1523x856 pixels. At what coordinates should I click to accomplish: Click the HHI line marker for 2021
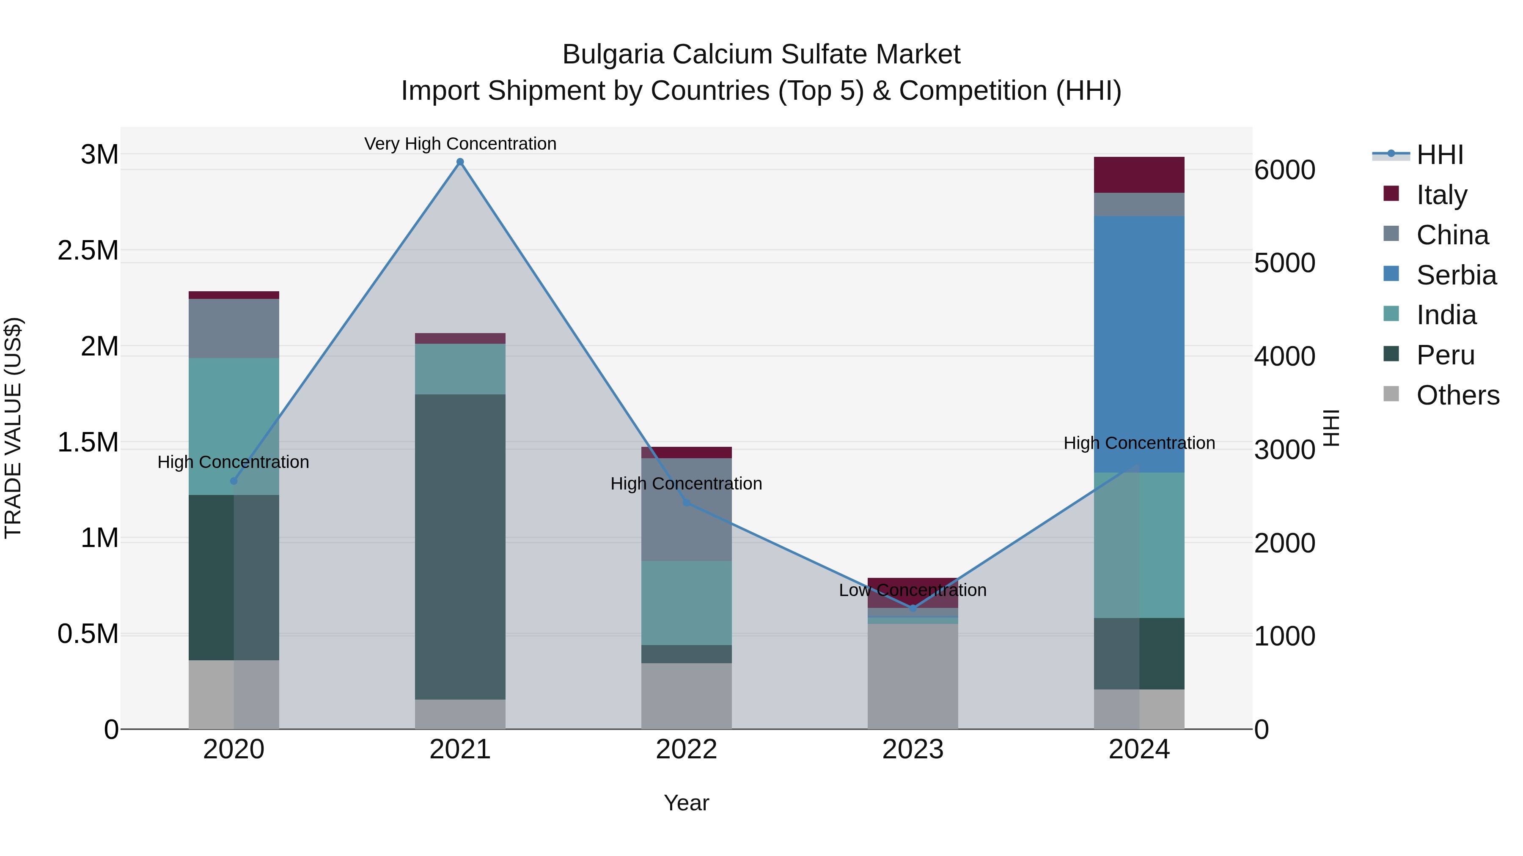pyautogui.click(x=460, y=162)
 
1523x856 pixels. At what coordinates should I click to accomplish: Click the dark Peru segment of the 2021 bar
pyautogui.click(x=460, y=547)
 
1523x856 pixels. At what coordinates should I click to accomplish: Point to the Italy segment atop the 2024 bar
pyautogui.click(x=1139, y=175)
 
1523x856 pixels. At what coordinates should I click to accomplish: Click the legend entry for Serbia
pyautogui.click(x=1456, y=275)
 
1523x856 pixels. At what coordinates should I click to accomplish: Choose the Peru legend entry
pyautogui.click(x=1445, y=355)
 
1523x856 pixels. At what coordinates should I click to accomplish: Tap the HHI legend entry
pyautogui.click(x=1439, y=155)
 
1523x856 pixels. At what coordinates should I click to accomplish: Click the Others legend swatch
pyautogui.click(x=1391, y=394)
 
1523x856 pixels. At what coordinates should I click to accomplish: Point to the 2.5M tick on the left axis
pyautogui.click(x=88, y=251)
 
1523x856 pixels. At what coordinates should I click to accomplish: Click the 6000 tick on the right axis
pyautogui.click(x=1284, y=170)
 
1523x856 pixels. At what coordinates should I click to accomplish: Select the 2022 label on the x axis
pyautogui.click(x=687, y=749)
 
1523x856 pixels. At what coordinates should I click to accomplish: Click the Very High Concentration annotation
pyautogui.click(x=460, y=144)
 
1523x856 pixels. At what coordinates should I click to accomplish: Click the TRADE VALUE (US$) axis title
pyautogui.click(x=13, y=428)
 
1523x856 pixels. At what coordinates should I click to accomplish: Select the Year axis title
pyautogui.click(x=687, y=803)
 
